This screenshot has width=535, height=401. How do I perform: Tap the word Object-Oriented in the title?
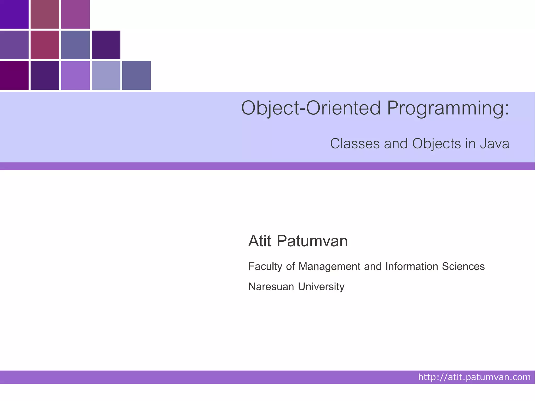(x=311, y=108)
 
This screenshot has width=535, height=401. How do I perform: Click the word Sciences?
(x=463, y=266)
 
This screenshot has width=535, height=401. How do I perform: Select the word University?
(x=321, y=287)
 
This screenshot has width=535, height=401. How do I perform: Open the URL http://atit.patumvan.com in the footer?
(x=474, y=377)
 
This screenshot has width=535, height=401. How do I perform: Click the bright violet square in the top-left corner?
(x=14, y=14)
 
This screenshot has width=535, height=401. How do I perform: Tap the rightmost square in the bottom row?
(x=136, y=75)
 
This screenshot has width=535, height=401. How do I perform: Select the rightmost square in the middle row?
(x=106, y=45)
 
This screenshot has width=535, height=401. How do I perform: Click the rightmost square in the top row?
(x=75, y=14)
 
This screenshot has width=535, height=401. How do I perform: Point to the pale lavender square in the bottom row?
(x=106, y=75)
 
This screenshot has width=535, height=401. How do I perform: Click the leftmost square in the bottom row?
(x=14, y=75)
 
